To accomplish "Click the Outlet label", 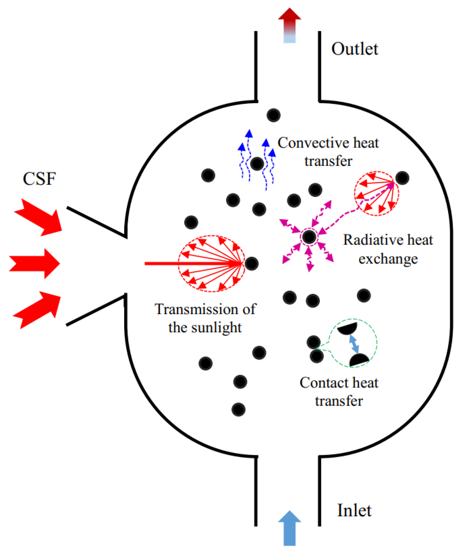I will pyautogui.click(x=354, y=49).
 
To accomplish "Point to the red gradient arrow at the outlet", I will pyautogui.click(x=289, y=25).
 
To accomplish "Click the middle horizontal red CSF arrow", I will pyautogui.click(x=34, y=263).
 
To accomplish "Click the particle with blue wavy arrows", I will pyautogui.click(x=257, y=164).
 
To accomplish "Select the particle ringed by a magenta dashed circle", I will pyautogui.click(x=309, y=237).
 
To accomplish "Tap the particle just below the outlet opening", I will pyautogui.click(x=273, y=115).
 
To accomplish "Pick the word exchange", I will pyautogui.click(x=388, y=259).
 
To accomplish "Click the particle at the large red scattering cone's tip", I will pyautogui.click(x=251, y=263).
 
